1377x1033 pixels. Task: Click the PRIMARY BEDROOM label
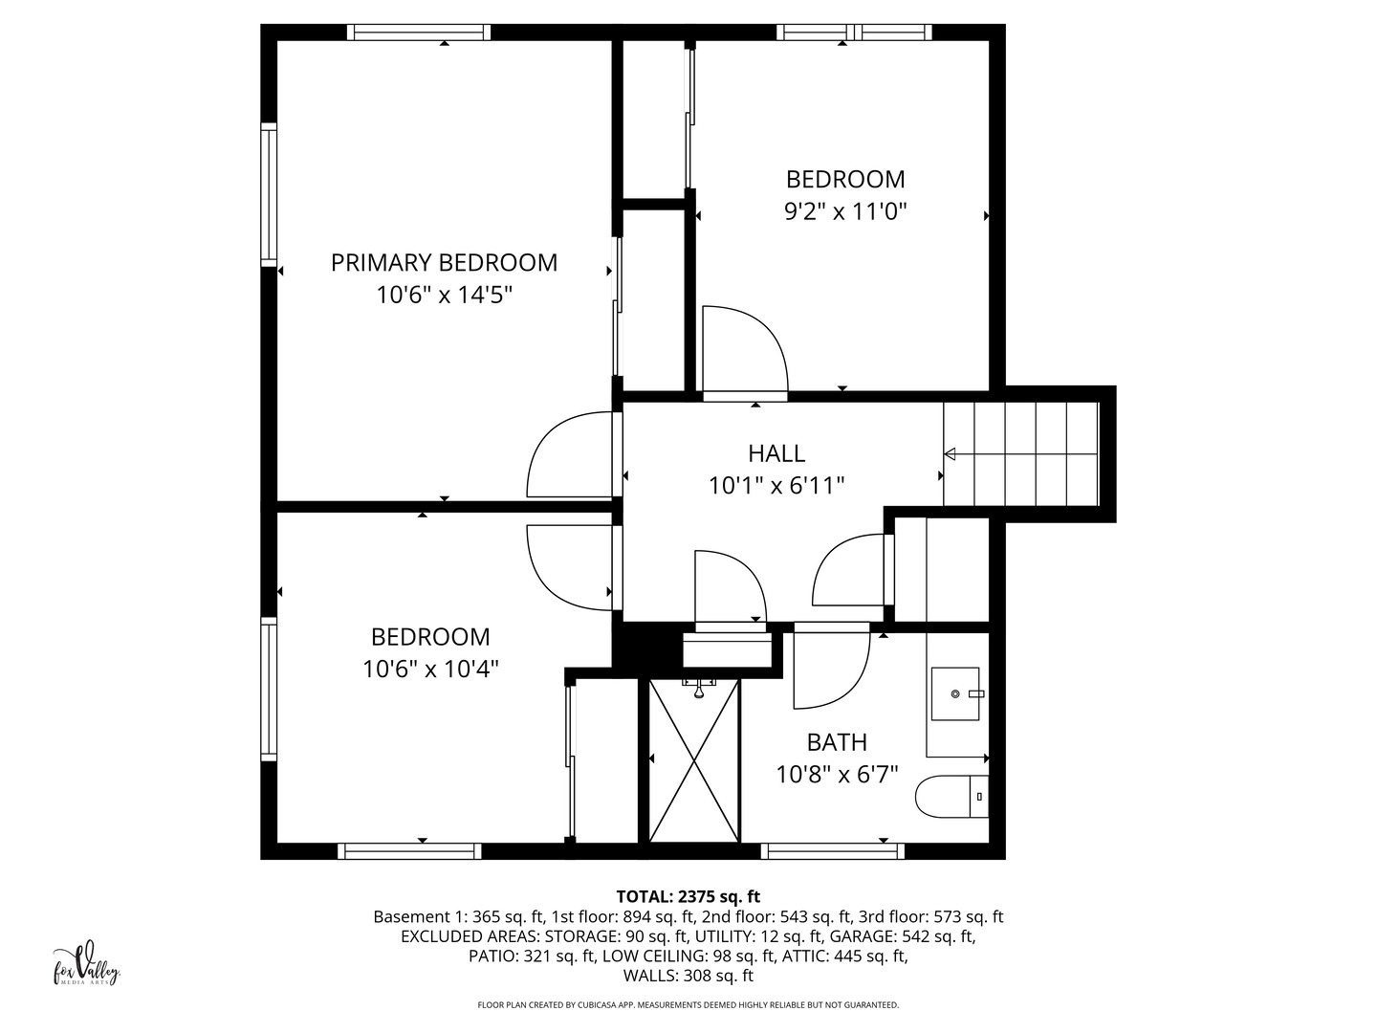pyautogui.click(x=444, y=263)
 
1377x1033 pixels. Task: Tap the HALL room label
pyautogui.click(x=776, y=453)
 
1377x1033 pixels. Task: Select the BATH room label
pyautogui.click(x=837, y=742)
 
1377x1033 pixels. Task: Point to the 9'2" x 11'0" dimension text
pyautogui.click(x=845, y=212)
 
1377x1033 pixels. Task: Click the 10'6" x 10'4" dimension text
pyautogui.click(x=430, y=670)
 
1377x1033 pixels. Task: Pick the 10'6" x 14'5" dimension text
pyautogui.click(x=444, y=295)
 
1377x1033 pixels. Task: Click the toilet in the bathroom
pyautogui.click(x=951, y=796)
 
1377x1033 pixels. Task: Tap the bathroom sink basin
pyautogui.click(x=954, y=693)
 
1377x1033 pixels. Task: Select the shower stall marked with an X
pyautogui.click(x=694, y=760)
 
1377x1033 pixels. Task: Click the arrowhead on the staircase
pyautogui.click(x=950, y=453)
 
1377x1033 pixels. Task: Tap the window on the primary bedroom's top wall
pyautogui.click(x=419, y=32)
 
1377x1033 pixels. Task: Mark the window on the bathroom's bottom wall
pyautogui.click(x=833, y=850)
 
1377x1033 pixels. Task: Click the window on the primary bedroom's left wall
pyautogui.click(x=269, y=194)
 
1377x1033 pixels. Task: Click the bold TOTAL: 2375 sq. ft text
pyautogui.click(x=688, y=896)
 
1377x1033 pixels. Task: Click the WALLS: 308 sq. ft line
pyautogui.click(x=688, y=976)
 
